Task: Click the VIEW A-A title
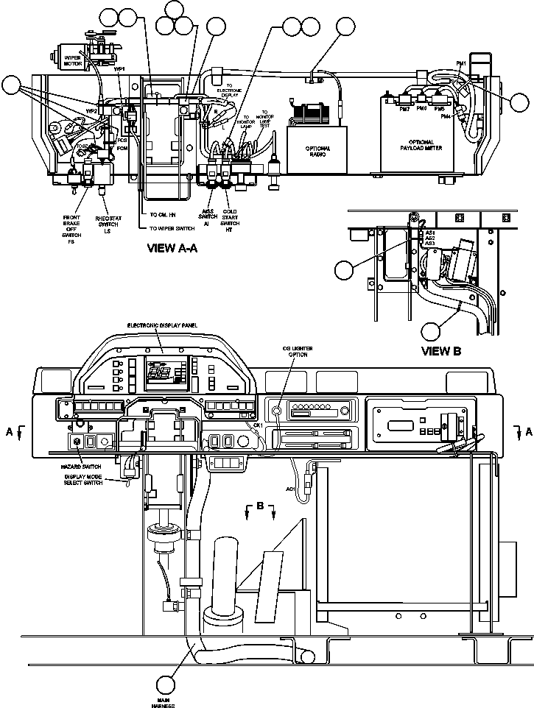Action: pyautogui.click(x=173, y=249)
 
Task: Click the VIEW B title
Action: pyautogui.click(x=440, y=351)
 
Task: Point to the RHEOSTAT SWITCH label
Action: pyautogui.click(x=108, y=224)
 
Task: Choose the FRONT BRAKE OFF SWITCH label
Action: pyautogui.click(x=71, y=229)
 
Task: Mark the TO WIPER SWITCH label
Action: pyautogui.click(x=171, y=228)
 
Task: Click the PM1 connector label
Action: pyautogui.click(x=462, y=65)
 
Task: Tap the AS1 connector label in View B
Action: pyautogui.click(x=430, y=232)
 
